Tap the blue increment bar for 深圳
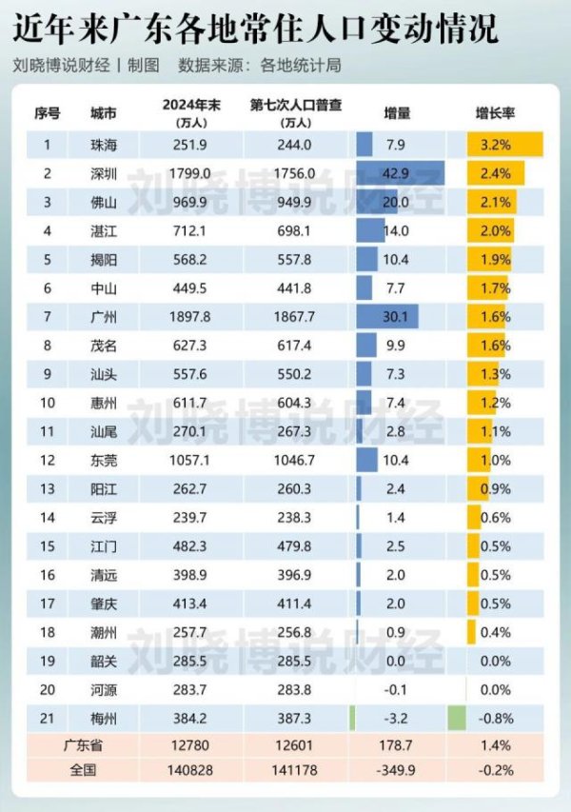tap(400, 173)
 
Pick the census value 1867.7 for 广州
tap(294, 317)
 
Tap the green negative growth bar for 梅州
tap(456, 719)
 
